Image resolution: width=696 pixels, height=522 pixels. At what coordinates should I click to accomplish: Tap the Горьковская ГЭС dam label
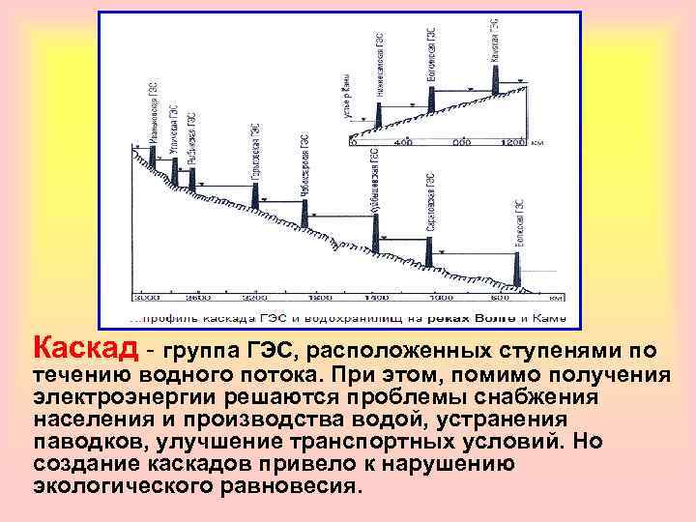tap(255, 152)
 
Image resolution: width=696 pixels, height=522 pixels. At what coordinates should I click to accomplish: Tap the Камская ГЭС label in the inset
tap(495, 40)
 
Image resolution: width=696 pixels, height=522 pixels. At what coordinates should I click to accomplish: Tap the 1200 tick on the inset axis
tap(513, 142)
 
